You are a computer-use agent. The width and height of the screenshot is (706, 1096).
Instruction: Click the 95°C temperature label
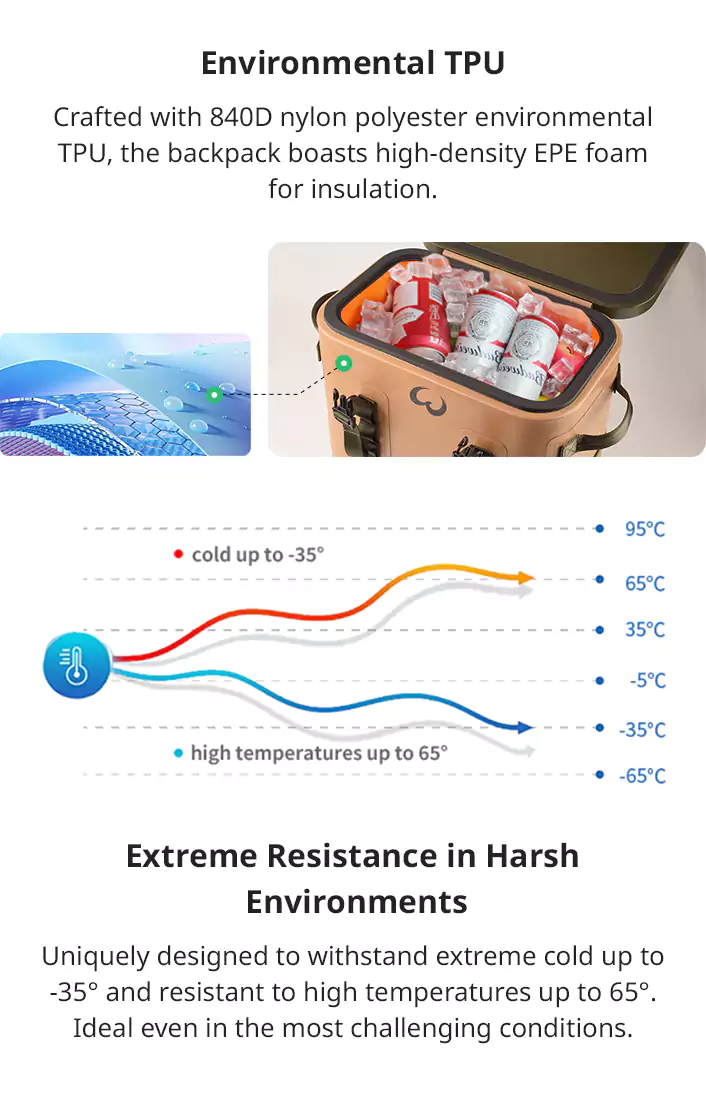tap(644, 529)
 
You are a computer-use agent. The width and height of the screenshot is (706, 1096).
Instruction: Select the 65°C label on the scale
tap(644, 583)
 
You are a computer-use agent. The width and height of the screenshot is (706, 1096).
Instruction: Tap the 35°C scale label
tap(644, 630)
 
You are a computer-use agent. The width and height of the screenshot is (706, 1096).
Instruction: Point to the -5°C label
tap(647, 680)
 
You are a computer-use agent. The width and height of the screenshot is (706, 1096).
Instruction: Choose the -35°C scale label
tap(642, 730)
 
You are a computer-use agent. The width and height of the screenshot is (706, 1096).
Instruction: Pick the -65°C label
tap(642, 776)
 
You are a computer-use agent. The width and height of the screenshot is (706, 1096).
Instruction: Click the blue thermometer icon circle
tap(77, 665)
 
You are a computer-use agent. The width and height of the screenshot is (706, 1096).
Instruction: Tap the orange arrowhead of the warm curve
tap(525, 578)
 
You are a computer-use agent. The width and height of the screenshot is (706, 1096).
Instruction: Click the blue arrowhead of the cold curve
tap(525, 727)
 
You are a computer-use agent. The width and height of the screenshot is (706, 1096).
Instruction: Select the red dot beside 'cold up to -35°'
tap(178, 554)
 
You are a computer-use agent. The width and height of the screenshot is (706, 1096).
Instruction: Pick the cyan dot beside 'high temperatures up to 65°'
tap(178, 754)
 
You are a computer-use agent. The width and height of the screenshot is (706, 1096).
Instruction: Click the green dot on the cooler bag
tap(343, 363)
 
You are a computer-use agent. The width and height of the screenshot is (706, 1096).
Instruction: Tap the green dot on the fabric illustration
tap(215, 395)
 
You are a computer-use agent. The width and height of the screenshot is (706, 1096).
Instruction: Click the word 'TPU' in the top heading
tap(475, 64)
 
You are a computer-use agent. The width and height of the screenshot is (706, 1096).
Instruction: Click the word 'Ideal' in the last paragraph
tap(101, 1029)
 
